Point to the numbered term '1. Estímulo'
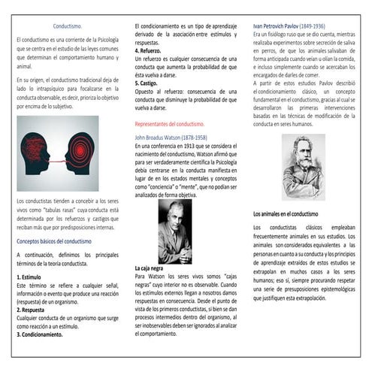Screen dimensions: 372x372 point(32,277)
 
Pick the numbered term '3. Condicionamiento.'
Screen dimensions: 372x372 point(50,334)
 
